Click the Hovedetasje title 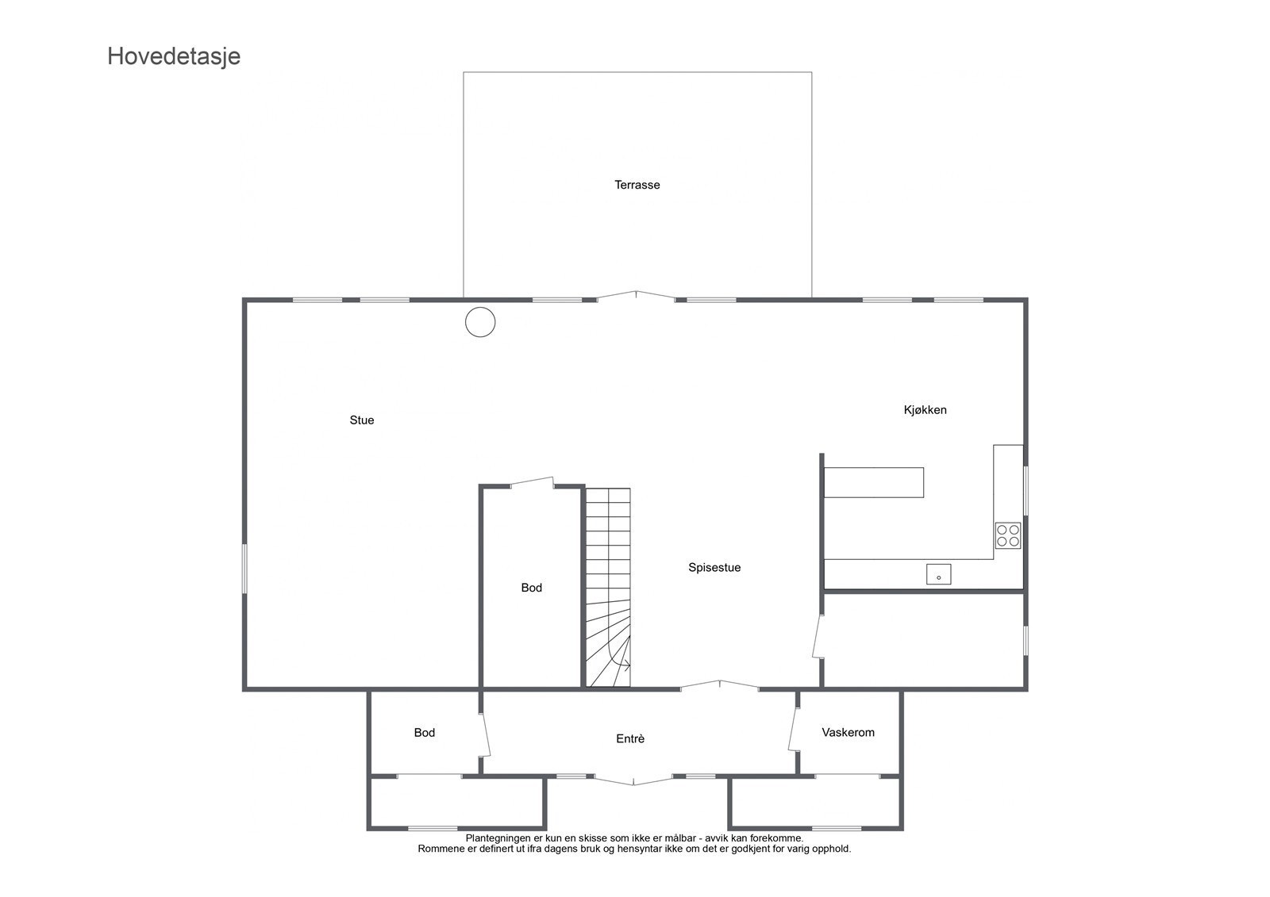[174, 56]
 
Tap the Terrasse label [637, 185]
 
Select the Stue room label [361, 420]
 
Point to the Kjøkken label [925, 410]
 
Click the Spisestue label [714, 568]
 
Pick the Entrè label [630, 739]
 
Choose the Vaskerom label [848, 733]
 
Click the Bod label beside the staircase [531, 588]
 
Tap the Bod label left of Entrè [424, 733]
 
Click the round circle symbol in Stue [480, 322]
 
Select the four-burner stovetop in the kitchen [1008, 535]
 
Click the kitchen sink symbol [938, 574]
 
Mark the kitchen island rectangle [873, 482]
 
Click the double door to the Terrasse [636, 296]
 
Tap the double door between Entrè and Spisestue [720, 685]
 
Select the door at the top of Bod [532, 481]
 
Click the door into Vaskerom [793, 728]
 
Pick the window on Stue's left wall [244, 568]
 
